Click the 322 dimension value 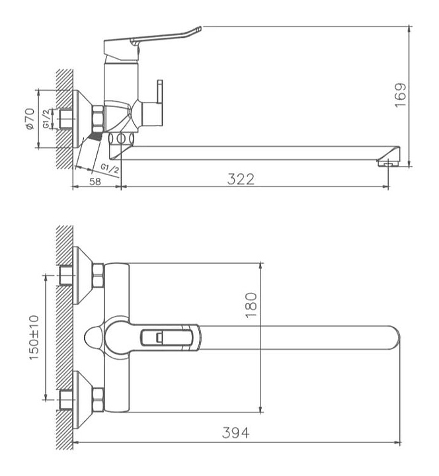click(241, 179)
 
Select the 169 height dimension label click(401, 95)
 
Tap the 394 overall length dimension click(235, 432)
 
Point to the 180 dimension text click(251, 305)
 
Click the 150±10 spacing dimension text click(34, 338)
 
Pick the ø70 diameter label click(30, 119)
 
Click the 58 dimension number click(95, 182)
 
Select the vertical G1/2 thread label click(46, 119)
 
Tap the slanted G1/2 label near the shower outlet click(110, 169)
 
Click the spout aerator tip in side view click(389, 164)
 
